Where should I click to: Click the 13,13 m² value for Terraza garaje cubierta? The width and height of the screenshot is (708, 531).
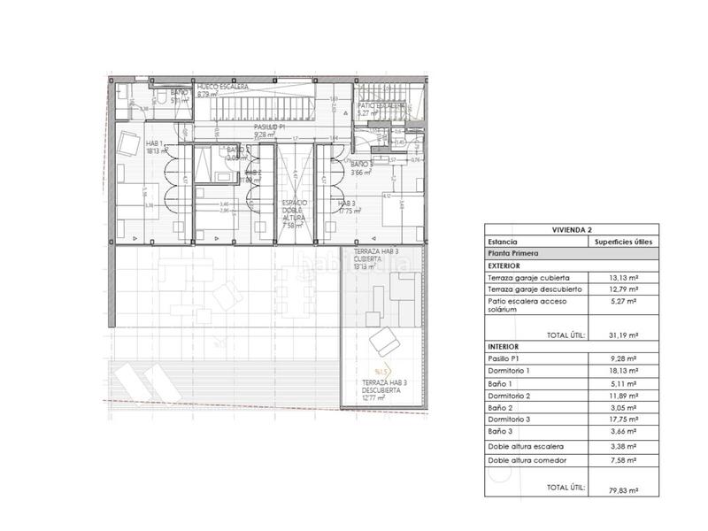tap(624, 277)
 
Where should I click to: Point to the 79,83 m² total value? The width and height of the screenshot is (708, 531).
tap(624, 488)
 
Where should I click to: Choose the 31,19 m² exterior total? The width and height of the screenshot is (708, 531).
tap(624, 335)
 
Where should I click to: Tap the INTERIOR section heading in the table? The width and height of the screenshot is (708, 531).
tap(504, 347)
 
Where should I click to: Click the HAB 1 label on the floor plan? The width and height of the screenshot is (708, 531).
tap(131, 144)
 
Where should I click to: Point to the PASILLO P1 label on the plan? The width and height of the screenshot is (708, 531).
tap(268, 127)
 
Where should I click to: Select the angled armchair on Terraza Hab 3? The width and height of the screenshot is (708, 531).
tap(386, 339)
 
